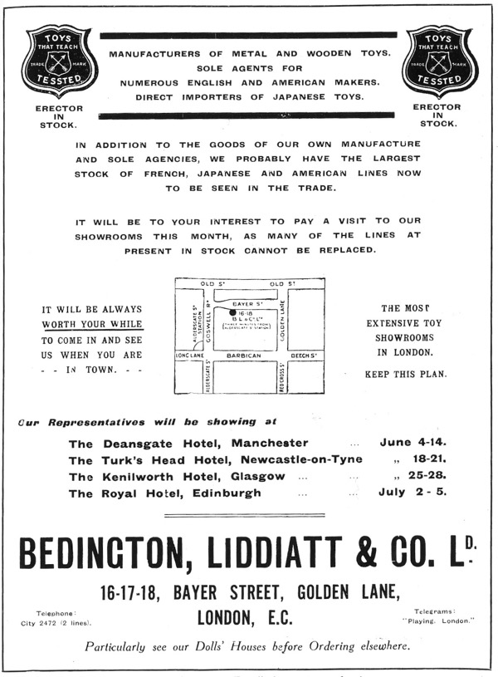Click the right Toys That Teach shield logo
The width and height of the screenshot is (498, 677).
[x=437, y=60]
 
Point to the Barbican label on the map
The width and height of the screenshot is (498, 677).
[x=243, y=356]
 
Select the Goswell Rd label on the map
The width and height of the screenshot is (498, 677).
[x=212, y=322]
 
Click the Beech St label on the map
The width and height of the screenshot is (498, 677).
[x=305, y=356]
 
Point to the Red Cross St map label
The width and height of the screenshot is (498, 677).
[x=283, y=376]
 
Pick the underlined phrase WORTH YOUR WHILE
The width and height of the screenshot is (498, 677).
[x=92, y=324]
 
